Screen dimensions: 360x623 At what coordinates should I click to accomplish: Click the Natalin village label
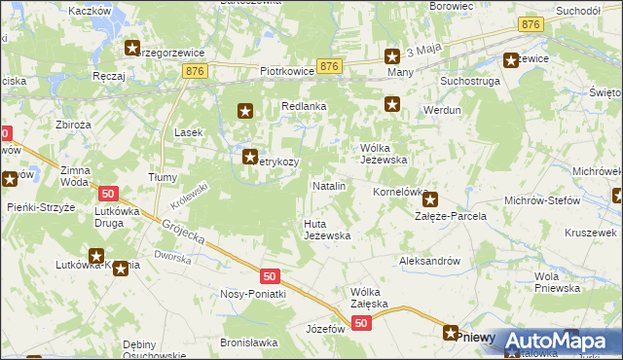coord(328,185)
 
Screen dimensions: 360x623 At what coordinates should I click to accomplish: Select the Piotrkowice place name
coord(286,71)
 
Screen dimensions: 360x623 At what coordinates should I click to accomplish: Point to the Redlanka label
coord(303,106)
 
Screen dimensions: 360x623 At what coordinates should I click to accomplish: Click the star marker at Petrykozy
coord(250,155)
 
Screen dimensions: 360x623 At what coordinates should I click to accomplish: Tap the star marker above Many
coord(392,56)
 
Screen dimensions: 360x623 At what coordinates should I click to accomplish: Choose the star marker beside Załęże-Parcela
coord(429,198)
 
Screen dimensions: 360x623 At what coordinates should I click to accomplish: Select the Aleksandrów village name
coord(428,261)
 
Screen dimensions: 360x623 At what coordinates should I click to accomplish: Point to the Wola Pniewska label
coord(560,282)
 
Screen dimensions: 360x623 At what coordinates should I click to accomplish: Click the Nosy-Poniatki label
coord(252,294)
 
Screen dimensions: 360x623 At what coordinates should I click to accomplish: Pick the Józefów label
coord(326,329)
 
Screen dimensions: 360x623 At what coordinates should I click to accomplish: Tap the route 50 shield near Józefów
coord(361,323)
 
